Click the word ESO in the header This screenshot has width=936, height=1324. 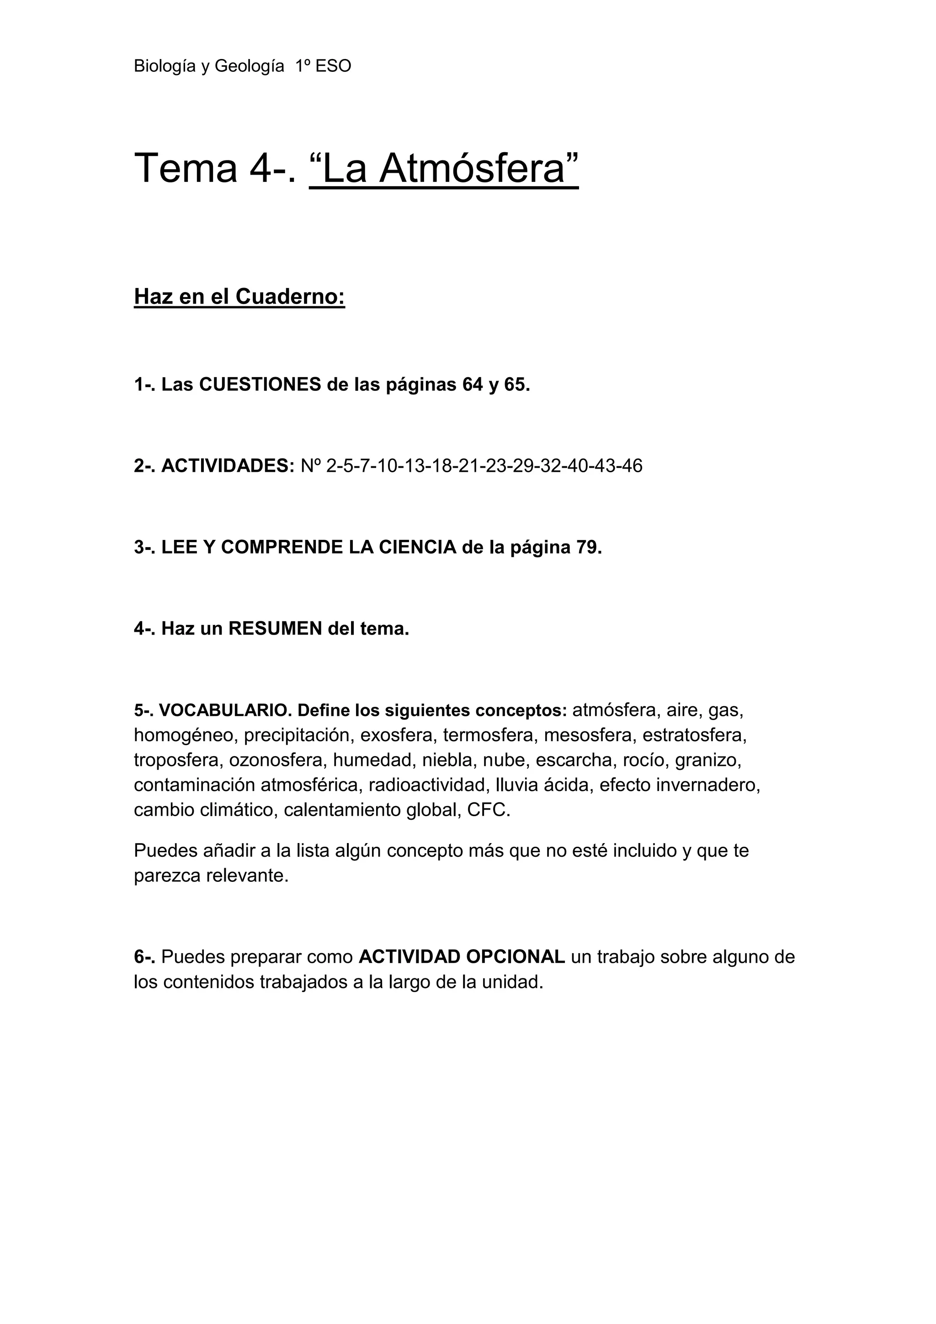[x=334, y=66]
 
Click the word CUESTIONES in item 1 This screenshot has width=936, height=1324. [x=260, y=384]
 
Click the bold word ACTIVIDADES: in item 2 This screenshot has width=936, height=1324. [x=228, y=465]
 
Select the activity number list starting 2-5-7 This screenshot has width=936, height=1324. [x=484, y=465]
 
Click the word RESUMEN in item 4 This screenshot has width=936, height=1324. [x=276, y=629]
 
